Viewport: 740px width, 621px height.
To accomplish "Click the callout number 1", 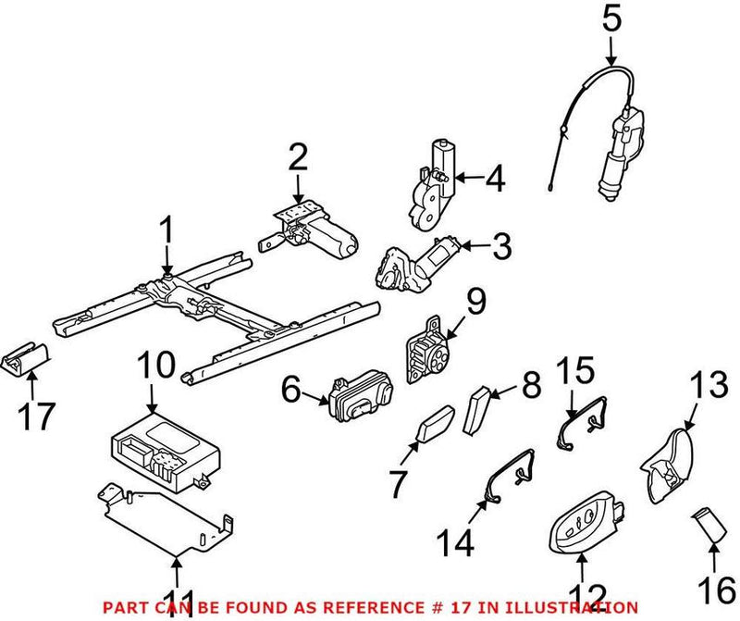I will pos(167,231).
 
